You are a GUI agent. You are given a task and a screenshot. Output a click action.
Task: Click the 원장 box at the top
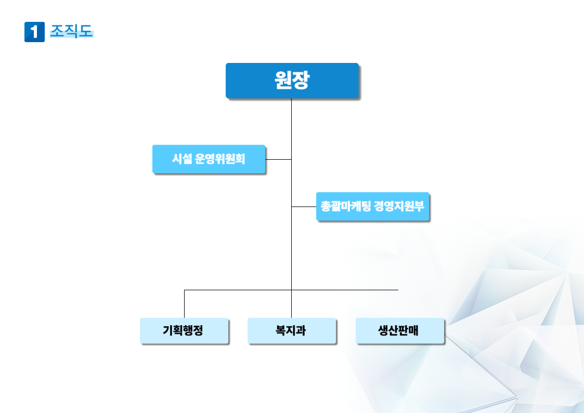pos(292,81)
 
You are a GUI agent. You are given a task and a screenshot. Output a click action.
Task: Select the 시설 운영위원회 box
pos(209,159)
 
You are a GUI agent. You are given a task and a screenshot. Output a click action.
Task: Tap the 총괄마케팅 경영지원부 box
pos(372,206)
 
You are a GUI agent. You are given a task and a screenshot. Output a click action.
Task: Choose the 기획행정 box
pos(184,331)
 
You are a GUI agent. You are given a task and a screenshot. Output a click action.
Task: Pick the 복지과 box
pos(292,331)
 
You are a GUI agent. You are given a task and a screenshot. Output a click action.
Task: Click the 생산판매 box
pos(399,331)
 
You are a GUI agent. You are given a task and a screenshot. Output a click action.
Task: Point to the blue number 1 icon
pos(34,32)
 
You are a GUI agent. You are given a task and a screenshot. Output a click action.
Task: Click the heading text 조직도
pos(71,31)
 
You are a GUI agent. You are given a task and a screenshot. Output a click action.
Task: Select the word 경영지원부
pos(399,206)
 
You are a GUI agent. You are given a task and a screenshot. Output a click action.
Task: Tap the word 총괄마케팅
pos(346,206)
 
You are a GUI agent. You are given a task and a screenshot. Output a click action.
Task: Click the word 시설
pos(182,159)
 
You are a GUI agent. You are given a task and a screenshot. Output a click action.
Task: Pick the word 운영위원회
pos(220,159)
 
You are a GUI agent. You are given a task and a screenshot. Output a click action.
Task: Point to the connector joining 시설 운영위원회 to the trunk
pos(278,159)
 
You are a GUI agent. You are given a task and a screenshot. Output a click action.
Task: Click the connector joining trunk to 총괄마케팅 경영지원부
pos(304,206)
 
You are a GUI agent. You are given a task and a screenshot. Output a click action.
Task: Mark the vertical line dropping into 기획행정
pos(185,304)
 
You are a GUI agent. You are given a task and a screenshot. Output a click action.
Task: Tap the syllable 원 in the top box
pos(283,80)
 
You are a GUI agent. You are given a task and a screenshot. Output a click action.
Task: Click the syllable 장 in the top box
pos(301,80)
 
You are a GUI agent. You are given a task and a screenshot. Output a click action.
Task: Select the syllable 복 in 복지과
pos(280,330)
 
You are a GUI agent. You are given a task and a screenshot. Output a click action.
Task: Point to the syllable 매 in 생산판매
pos(413,330)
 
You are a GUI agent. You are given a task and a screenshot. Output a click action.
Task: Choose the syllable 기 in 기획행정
pos(167,330)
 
